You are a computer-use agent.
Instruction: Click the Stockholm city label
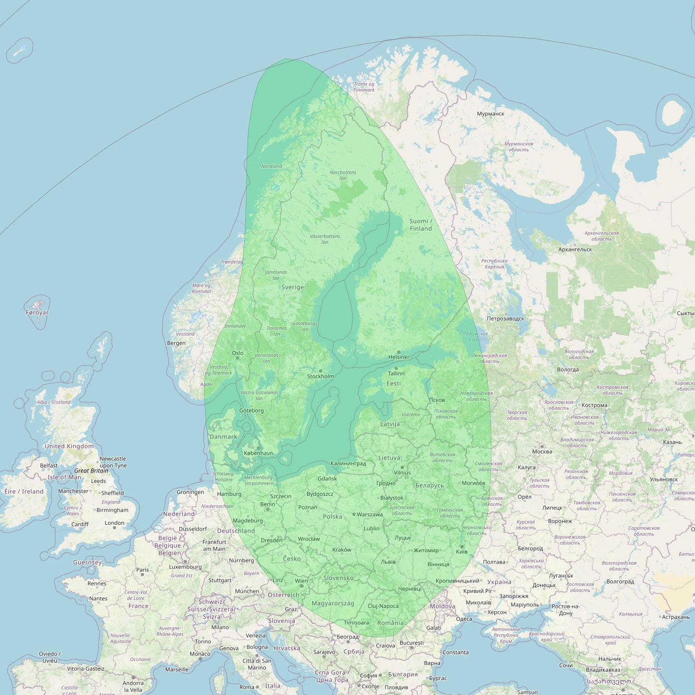[320, 376]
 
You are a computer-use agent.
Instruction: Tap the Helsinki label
[398, 357]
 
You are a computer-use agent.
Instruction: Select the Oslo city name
[237, 353]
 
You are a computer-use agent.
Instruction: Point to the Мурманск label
[490, 114]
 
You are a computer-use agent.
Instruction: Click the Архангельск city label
[575, 249]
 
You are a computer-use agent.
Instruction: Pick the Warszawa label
[370, 514]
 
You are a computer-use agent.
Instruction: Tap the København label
[258, 454]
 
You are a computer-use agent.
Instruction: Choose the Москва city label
[542, 452]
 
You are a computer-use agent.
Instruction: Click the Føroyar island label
[37, 313]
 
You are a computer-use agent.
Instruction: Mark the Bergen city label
[176, 343]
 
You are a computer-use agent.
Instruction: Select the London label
[115, 523]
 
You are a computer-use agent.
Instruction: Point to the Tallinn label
[396, 373]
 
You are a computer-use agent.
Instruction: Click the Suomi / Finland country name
[421, 225]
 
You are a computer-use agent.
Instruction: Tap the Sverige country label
[292, 287]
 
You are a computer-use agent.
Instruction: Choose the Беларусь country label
[429, 485]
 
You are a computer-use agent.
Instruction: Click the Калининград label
[348, 463]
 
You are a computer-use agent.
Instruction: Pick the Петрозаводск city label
[505, 319]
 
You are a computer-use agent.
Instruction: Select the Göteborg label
[251, 411]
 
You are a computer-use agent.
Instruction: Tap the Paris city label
[143, 570]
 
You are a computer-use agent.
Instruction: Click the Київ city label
[462, 552]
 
